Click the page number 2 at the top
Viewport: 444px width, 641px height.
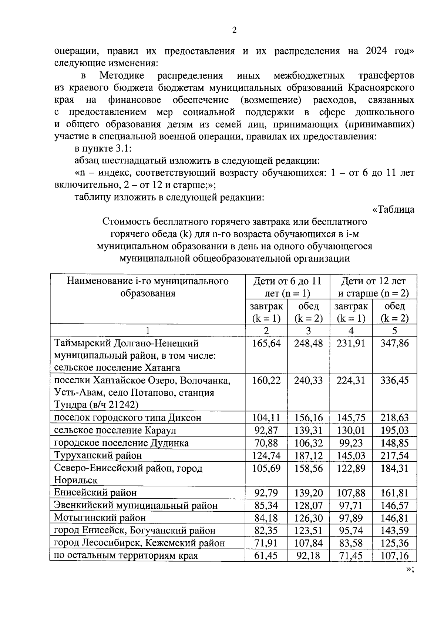[234, 30]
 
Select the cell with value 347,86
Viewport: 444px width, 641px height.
[395, 343]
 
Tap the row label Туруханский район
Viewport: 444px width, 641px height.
[98, 455]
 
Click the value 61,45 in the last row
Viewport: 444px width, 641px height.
[266, 555]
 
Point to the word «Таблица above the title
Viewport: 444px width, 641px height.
[393, 210]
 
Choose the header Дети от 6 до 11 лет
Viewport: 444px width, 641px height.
[287, 287]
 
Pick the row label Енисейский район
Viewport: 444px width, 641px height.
[95, 493]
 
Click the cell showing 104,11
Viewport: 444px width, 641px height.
[266, 418]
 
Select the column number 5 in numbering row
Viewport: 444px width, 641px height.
[394, 331]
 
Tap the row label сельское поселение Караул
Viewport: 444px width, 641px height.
[115, 431]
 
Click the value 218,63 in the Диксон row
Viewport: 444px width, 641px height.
[395, 418]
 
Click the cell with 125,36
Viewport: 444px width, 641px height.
[395, 543]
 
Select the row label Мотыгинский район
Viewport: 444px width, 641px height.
[100, 518]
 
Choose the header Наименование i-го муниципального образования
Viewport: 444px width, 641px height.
[148, 287]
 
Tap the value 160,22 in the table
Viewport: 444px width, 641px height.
[266, 381]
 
